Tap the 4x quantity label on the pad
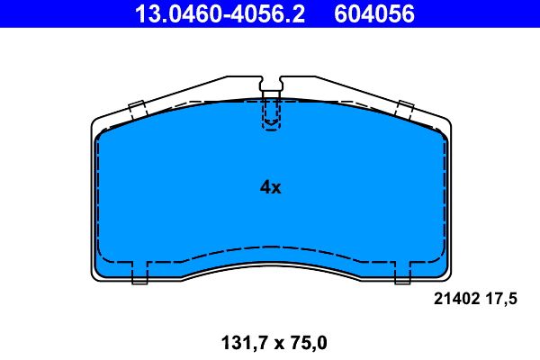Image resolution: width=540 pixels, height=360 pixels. pos(271,187)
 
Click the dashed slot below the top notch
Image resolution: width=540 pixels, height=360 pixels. pos(271,114)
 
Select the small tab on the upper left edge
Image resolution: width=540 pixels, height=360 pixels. pos(138,110)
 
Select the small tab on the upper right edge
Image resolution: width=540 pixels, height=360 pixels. pos(404,110)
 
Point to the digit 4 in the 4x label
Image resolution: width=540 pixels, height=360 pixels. pos(265,187)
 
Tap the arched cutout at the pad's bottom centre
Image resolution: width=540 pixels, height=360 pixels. pos(271,261)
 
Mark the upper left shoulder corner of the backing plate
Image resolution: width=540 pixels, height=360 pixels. pos(97,122)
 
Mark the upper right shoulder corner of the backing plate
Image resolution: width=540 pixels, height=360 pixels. pos(445,122)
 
